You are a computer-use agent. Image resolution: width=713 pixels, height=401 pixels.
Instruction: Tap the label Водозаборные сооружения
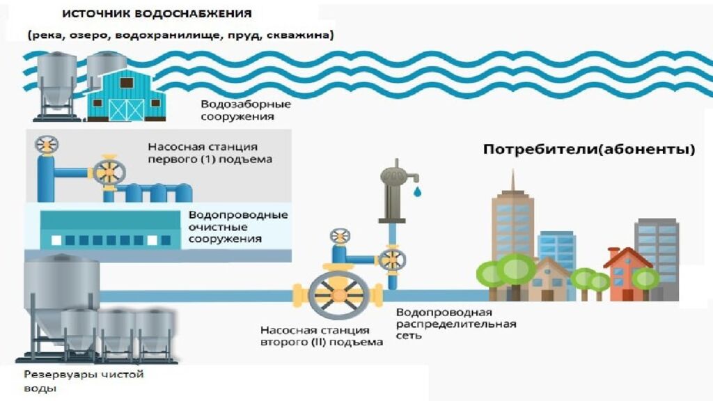(x=246, y=111)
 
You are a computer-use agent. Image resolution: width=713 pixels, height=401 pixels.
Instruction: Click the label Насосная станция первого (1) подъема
(x=209, y=153)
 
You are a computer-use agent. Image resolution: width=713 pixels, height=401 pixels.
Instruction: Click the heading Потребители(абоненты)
(x=589, y=150)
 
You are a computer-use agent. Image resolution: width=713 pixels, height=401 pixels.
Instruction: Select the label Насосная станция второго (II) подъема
(x=322, y=336)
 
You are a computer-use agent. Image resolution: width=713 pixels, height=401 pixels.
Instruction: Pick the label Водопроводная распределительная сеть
(x=456, y=324)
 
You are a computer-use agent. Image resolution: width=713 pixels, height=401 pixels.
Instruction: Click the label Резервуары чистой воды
(x=84, y=381)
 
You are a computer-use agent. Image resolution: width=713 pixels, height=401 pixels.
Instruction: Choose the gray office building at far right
(x=656, y=254)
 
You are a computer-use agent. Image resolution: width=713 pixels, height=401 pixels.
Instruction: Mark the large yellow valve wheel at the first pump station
(x=108, y=171)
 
